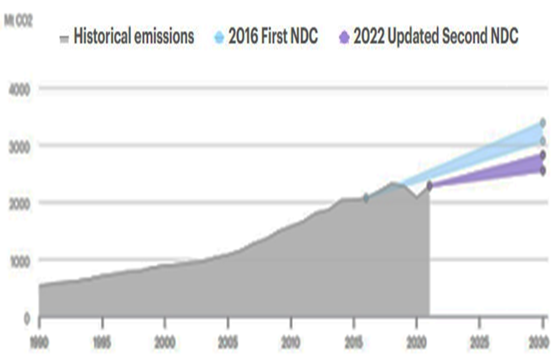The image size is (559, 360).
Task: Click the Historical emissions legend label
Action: (134, 36)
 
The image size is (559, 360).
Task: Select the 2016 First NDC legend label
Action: (273, 36)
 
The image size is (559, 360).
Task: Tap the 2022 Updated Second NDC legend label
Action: (435, 36)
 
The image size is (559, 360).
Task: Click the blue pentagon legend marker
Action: (220, 37)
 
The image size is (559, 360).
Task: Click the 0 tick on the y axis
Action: (27, 317)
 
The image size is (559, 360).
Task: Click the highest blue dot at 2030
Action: (543, 122)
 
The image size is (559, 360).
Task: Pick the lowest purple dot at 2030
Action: (543, 171)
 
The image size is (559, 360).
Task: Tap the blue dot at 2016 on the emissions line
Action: (366, 198)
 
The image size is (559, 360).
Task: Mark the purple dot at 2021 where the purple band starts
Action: (430, 185)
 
